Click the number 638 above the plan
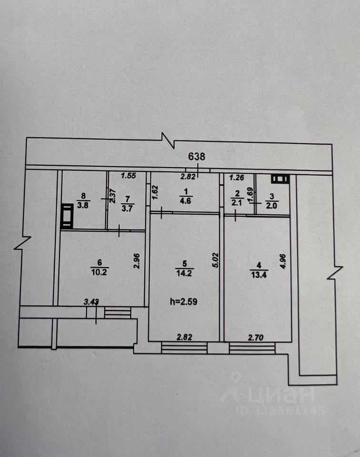click(x=197, y=156)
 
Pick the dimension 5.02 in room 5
click(x=215, y=261)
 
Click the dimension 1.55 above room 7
click(x=128, y=176)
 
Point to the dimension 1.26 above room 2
click(x=237, y=178)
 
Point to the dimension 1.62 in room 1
click(x=154, y=191)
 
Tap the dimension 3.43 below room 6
click(x=91, y=301)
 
